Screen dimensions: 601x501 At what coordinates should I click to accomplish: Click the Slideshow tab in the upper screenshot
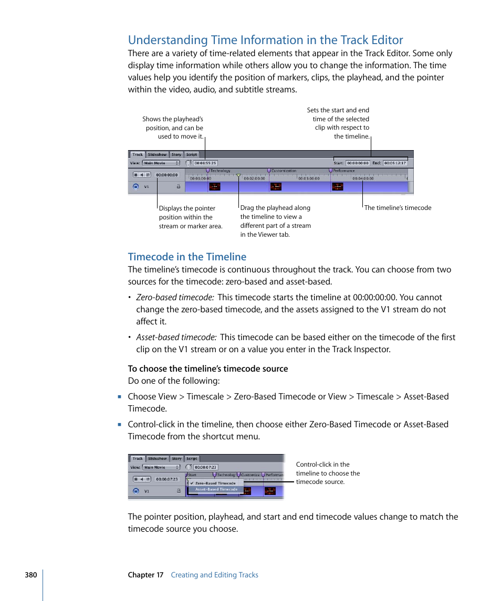tap(157, 154)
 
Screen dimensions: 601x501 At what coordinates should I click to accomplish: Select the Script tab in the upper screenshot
tap(192, 154)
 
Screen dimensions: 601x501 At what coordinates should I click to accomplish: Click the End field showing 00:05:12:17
tap(395, 163)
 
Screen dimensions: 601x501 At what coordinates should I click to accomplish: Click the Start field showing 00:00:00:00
tap(358, 163)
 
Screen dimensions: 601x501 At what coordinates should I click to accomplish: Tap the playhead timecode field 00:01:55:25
tap(205, 163)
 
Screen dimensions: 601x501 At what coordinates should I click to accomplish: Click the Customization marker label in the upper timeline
tap(284, 171)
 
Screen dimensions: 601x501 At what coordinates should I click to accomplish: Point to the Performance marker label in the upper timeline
tap(344, 171)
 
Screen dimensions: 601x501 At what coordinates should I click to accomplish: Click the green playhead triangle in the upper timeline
tap(238, 175)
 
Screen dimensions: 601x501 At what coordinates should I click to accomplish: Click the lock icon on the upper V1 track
tap(178, 186)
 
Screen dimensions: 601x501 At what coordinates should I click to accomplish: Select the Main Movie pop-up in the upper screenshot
tap(161, 163)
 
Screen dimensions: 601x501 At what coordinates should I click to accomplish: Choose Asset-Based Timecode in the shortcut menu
tap(216, 489)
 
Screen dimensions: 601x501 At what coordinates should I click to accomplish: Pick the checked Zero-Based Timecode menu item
tap(215, 483)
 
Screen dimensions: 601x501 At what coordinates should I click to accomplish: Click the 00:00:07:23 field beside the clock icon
tap(205, 467)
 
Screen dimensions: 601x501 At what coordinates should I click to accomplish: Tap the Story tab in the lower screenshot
tap(176, 458)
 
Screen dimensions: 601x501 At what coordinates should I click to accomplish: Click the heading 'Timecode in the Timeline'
tap(187, 257)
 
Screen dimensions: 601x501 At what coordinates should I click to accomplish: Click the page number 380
tap(30, 575)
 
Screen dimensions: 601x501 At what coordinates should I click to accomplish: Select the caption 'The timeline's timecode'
tap(398, 208)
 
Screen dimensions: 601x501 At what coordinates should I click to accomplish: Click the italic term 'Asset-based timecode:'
tap(176, 338)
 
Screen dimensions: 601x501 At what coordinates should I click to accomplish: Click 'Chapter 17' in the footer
tap(145, 575)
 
